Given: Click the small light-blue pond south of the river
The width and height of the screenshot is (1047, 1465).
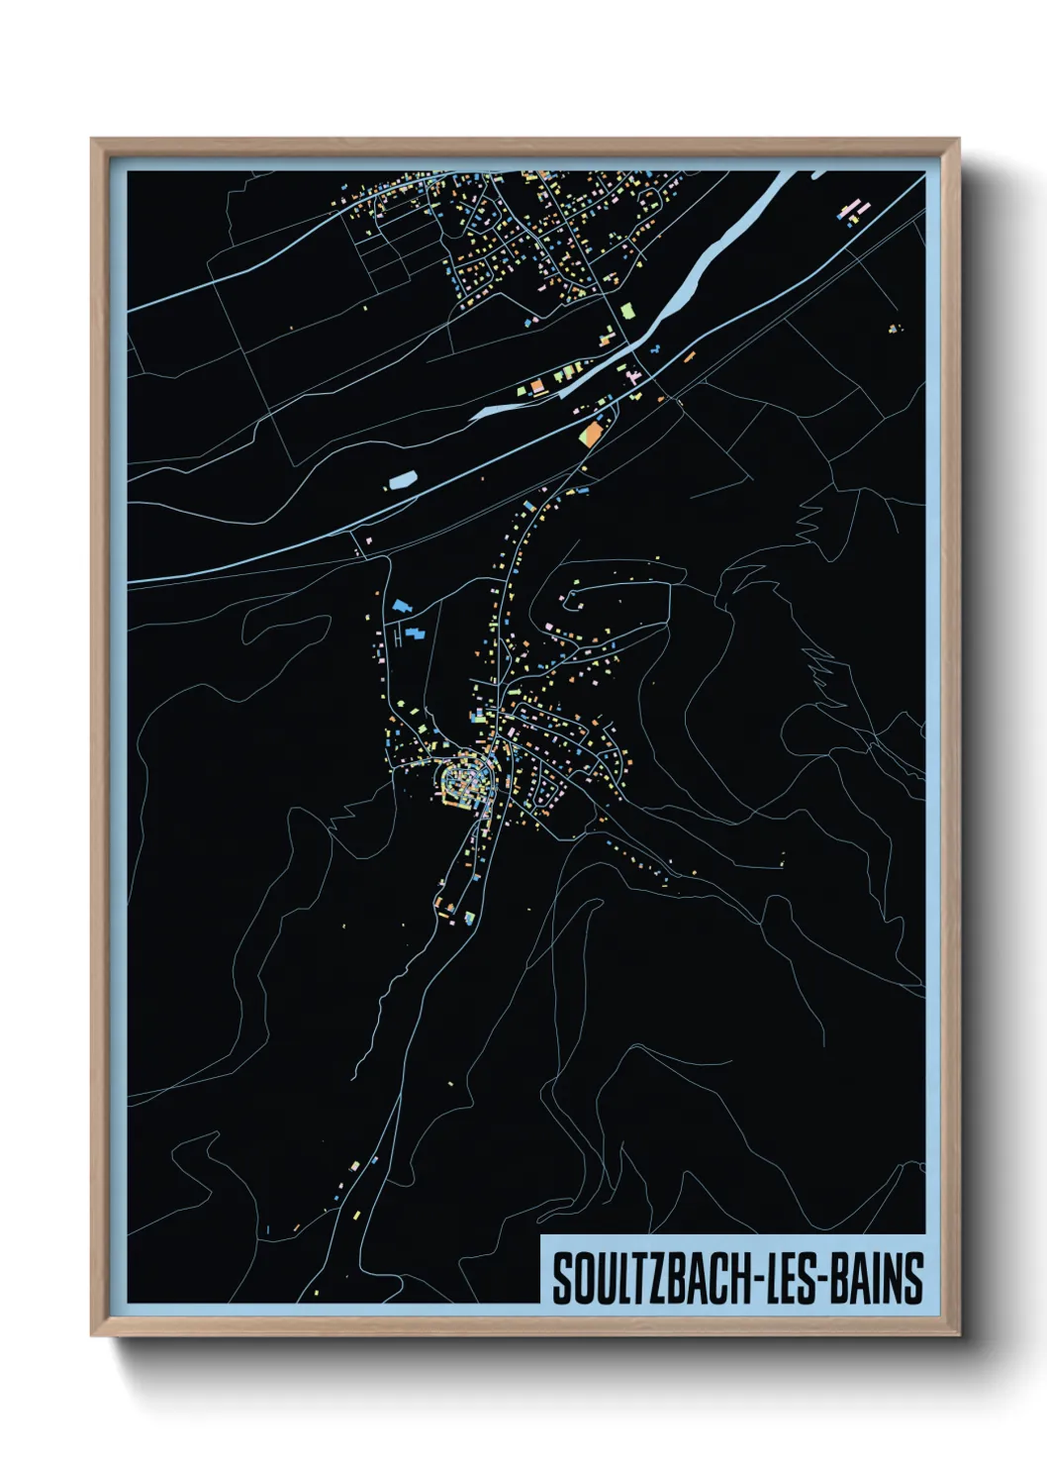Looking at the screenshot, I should tap(402, 481).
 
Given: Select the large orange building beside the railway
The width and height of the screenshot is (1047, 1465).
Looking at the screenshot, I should tap(593, 434).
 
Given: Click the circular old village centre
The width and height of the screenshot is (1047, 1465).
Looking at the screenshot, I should tap(466, 780).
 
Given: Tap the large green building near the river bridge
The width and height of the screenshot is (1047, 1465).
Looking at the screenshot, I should tap(626, 311).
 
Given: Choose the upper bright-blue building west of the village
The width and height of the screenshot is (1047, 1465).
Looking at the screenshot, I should tap(401, 606).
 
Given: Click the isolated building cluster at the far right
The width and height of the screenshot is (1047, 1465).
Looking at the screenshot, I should tap(894, 328).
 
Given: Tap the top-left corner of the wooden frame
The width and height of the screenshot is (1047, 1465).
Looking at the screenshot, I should tap(93, 141).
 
